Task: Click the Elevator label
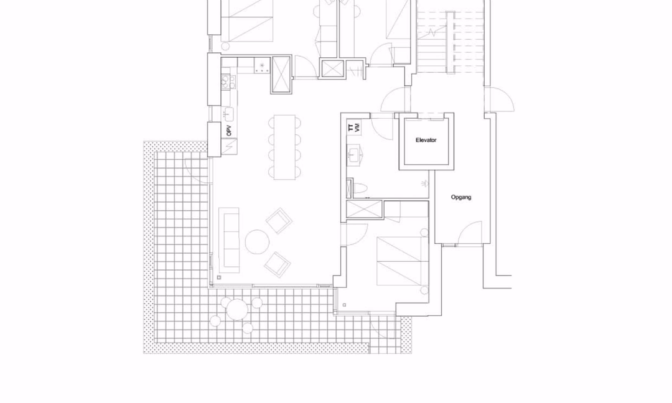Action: coord(426,140)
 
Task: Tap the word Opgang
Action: coord(461,197)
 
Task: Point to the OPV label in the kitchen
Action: coord(229,131)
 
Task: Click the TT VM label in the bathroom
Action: coord(353,127)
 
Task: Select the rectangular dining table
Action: coord(284,147)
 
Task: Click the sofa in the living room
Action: coord(229,240)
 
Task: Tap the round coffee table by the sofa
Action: coord(257,242)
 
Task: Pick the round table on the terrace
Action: coord(236,309)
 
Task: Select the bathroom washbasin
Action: coord(354,155)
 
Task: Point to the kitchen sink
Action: coord(228,114)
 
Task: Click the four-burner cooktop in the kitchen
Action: coord(228,81)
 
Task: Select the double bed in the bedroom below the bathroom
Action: coord(403,261)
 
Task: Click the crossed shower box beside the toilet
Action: coord(364,210)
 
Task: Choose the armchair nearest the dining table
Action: coord(279,221)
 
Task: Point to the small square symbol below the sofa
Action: coord(219,277)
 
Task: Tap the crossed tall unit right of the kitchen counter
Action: coord(282,74)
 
